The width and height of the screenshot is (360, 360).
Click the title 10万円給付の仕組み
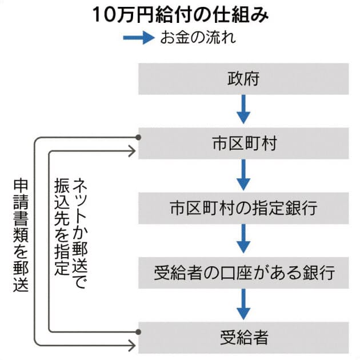pyautogui.click(x=181, y=15)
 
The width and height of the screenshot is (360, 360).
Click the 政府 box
pyautogui.click(x=243, y=79)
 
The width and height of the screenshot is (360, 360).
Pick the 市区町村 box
pyautogui.click(x=243, y=143)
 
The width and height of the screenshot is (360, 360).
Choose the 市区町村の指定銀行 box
pyautogui.click(x=243, y=208)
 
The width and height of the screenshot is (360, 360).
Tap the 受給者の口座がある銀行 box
pyautogui.click(x=243, y=273)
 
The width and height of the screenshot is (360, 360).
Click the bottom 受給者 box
pyautogui.click(x=243, y=337)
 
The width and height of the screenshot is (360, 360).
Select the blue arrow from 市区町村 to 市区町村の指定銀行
pyautogui.click(x=243, y=175)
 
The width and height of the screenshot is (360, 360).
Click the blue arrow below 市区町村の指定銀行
pyautogui.click(x=243, y=239)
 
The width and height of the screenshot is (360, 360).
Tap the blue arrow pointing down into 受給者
pyautogui.click(x=243, y=304)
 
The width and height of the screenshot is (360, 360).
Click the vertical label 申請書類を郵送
pyautogui.click(x=21, y=235)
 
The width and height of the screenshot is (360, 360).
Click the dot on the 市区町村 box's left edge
pyautogui.click(x=138, y=137)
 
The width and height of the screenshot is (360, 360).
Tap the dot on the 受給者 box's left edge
pyautogui.click(x=138, y=331)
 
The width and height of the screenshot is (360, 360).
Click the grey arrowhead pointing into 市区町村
pyautogui.click(x=133, y=151)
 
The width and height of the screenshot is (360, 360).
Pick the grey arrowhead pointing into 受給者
pyautogui.click(x=133, y=345)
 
